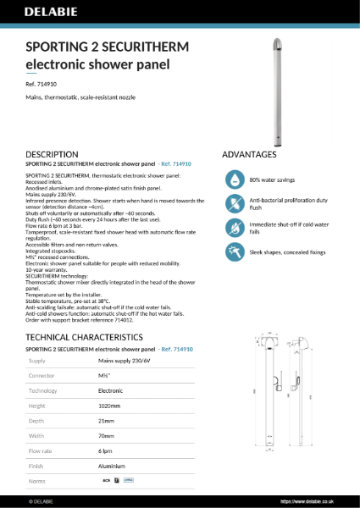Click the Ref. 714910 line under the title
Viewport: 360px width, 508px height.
(x=42, y=85)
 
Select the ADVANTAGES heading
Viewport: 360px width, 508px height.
(x=249, y=154)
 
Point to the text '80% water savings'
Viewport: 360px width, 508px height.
(x=272, y=179)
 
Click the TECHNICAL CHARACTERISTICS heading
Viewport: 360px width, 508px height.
(x=91, y=313)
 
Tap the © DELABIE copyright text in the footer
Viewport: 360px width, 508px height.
(x=41, y=501)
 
